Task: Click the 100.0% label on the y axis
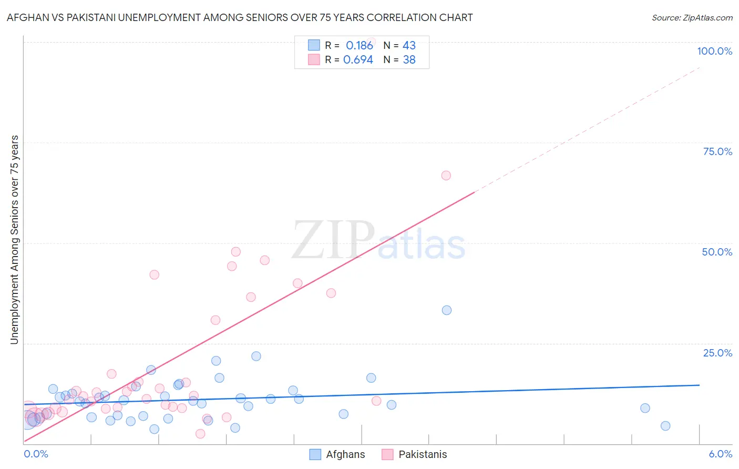tap(714, 51)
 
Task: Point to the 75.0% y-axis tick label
tap(717, 151)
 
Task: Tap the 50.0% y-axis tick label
tap(717, 252)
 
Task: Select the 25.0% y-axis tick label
tap(717, 352)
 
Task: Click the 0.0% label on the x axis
tap(36, 454)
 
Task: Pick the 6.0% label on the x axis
tap(720, 454)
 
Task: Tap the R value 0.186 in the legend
tap(359, 46)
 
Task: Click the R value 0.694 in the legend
tap(358, 60)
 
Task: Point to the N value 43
tap(409, 46)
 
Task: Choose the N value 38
tap(409, 60)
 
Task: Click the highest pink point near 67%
tap(446, 176)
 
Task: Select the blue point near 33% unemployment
tap(447, 310)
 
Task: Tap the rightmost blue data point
tap(665, 426)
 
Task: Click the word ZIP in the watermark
tap(333, 240)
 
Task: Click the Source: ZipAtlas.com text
tap(692, 18)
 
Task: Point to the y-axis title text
tap(14, 240)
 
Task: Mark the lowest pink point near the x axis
tap(200, 434)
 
